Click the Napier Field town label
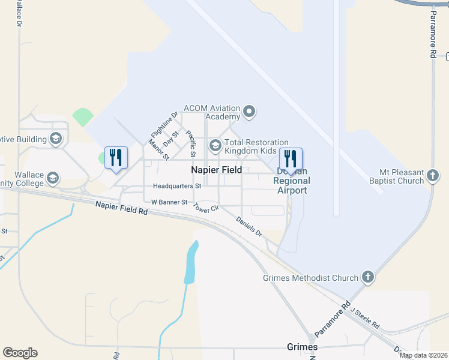pos(216,170)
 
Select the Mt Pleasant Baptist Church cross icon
pos(432,176)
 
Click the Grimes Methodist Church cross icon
pos(367,278)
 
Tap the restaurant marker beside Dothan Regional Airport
pos(291,158)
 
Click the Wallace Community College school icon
pos(53,178)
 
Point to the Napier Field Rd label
pos(121,208)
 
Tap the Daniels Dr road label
pos(249,227)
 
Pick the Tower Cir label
pos(206,210)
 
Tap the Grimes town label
pos(303,347)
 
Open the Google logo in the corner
pos(20,353)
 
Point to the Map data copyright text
pos(423,355)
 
